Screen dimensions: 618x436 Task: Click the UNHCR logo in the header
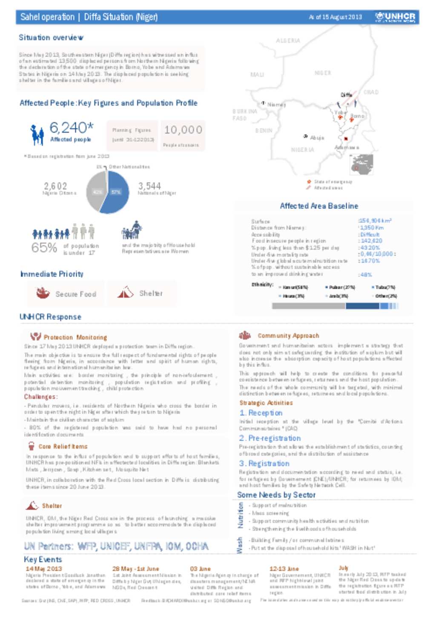(x=395, y=17)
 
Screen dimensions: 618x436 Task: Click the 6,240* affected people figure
(x=71, y=128)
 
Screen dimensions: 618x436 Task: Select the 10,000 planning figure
(x=183, y=130)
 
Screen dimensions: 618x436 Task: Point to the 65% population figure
(x=44, y=248)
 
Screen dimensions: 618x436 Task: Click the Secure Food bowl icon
(x=43, y=293)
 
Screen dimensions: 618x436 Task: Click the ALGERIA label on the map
(x=288, y=41)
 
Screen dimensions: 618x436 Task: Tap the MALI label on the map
(x=257, y=74)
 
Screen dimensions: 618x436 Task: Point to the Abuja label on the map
(x=317, y=138)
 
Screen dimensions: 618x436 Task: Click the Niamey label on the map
(x=276, y=105)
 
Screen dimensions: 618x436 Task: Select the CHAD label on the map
(x=370, y=92)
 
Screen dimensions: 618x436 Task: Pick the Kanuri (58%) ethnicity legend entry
(x=295, y=288)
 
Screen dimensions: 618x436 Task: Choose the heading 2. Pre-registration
(x=270, y=438)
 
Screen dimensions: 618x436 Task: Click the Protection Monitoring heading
(x=75, y=337)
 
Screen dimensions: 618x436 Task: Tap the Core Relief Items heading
(x=63, y=447)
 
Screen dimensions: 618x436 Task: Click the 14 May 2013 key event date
(x=44, y=569)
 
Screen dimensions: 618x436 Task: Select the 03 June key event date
(x=200, y=569)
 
